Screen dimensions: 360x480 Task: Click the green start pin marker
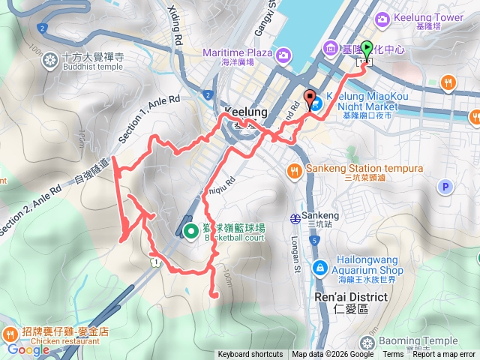coord(367,50)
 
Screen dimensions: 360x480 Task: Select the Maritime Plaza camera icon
coord(283,54)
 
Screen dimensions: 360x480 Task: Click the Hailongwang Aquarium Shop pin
coord(320,265)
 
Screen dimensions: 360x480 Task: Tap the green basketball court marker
coord(189,232)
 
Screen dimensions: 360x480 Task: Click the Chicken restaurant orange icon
coord(10,332)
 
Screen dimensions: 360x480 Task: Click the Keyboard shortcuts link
coord(250,355)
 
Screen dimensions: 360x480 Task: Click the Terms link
coord(393,355)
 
